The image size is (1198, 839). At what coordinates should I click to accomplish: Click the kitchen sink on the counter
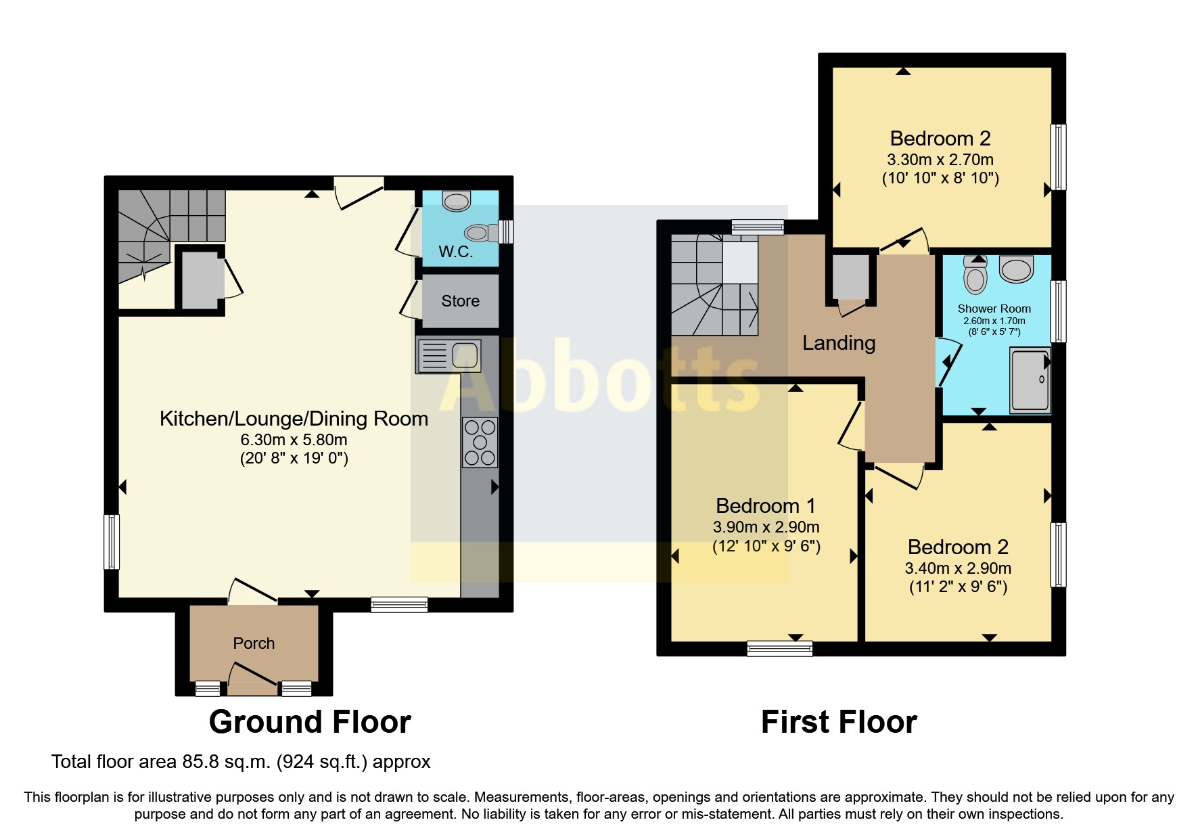[x=449, y=355]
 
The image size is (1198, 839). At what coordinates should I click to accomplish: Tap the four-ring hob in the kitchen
[x=480, y=443]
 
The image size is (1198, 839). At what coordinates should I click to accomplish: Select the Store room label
[x=460, y=301]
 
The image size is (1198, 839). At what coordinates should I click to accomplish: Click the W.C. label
[x=455, y=252]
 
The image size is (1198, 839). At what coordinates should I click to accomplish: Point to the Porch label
[x=254, y=643]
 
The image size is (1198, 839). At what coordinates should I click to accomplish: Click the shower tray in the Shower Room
[x=1030, y=380]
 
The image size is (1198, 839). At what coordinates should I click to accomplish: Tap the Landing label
[x=838, y=343]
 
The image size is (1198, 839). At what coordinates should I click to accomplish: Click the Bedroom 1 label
[x=765, y=505]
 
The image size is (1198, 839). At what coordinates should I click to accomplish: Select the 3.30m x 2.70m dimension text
[x=940, y=160]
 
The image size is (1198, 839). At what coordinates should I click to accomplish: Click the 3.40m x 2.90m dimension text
[x=958, y=568]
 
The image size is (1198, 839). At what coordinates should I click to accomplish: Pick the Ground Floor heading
[x=310, y=722]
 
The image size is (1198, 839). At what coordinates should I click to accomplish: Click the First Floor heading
[x=838, y=722]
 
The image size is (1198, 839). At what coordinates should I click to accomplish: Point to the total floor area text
[x=241, y=762]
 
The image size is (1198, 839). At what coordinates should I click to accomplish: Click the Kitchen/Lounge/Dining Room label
[x=294, y=419]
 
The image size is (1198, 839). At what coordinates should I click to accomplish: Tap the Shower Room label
[x=994, y=309]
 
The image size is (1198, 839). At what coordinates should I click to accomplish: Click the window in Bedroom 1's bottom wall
[x=779, y=649]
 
